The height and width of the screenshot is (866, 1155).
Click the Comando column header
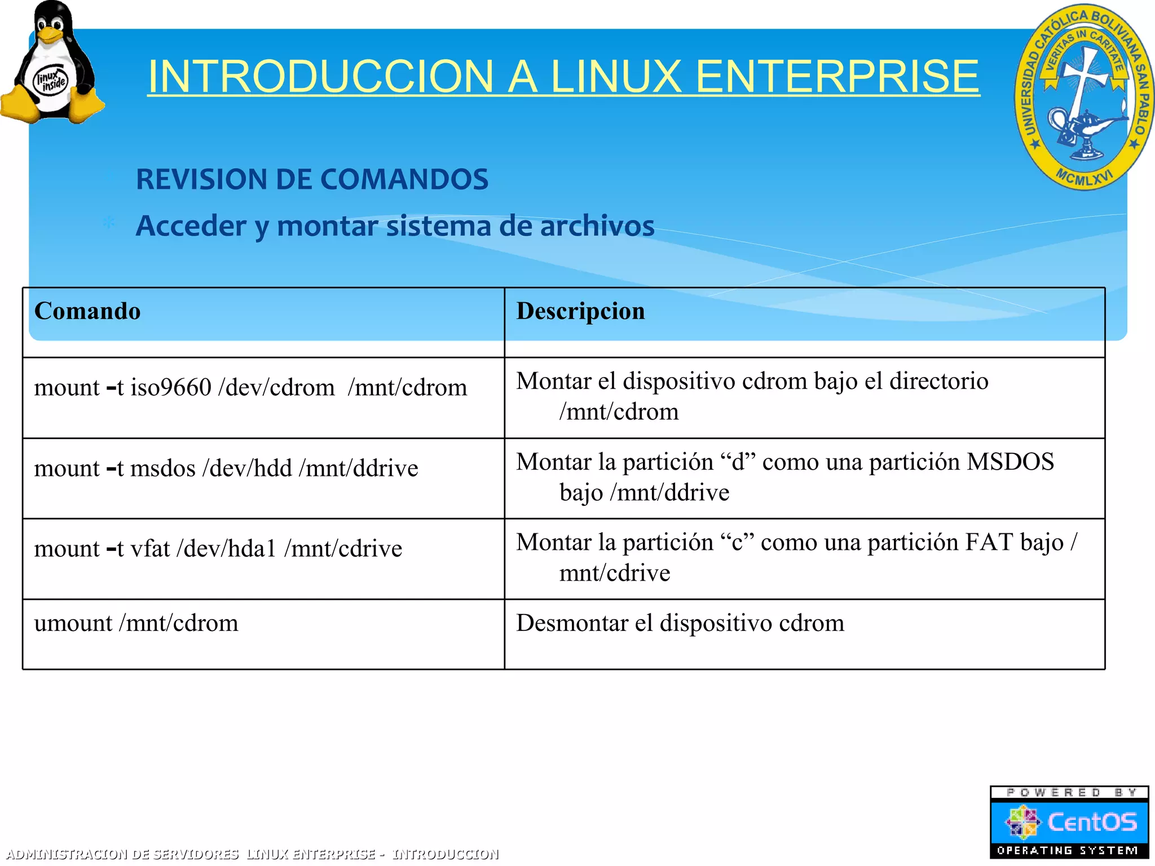click(87, 311)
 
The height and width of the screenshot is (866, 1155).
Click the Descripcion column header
click(580, 311)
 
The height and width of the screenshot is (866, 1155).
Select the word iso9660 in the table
click(171, 388)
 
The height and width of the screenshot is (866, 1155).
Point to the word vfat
click(150, 549)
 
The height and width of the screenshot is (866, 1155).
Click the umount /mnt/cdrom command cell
click(136, 624)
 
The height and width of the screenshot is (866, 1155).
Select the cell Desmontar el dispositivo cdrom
click(680, 624)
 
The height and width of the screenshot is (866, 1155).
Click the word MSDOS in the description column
click(1010, 462)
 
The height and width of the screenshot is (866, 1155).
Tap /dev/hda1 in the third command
click(226, 549)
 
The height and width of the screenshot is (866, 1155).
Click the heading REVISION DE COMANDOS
click(312, 179)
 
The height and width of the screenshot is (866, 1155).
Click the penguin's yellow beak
click(51, 36)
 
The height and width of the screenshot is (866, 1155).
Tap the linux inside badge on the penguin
click(51, 81)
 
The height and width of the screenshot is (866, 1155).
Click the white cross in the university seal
click(1082, 85)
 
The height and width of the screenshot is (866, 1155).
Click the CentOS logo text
click(1091, 822)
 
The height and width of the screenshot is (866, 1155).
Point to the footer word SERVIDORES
click(196, 854)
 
